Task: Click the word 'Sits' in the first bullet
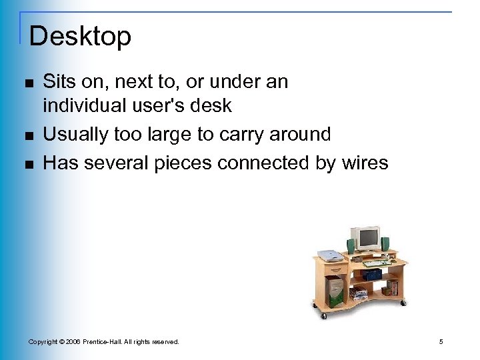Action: coord(58,81)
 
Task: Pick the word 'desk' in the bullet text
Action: coord(213,105)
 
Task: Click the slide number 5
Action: coord(441,342)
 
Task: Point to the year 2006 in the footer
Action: coord(71,342)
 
